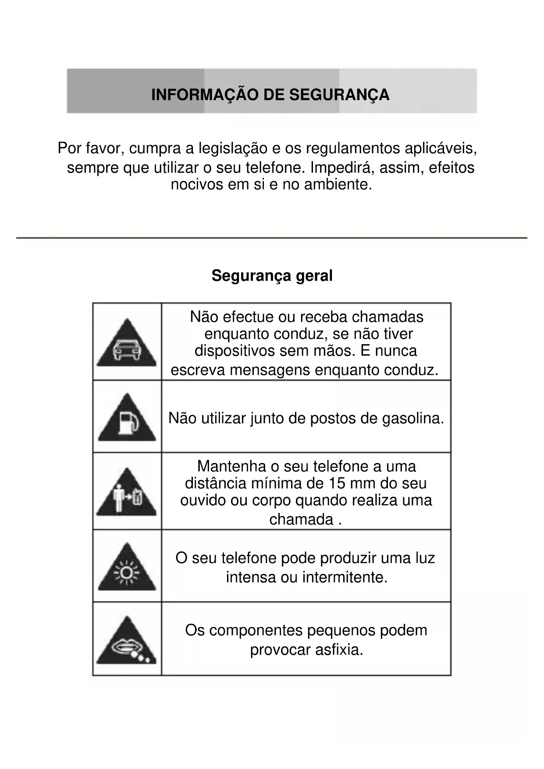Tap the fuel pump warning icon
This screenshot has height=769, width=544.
127,420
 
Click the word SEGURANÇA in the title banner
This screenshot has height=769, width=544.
340,95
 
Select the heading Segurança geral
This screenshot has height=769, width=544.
272,276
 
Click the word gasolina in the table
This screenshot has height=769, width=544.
413,418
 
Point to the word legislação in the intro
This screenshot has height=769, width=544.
233,148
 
